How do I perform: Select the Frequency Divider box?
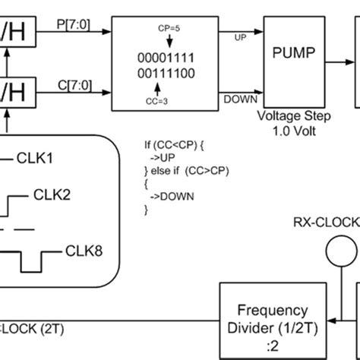[x=272, y=318]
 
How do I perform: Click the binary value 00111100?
[x=159, y=73]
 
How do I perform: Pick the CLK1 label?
[x=36, y=159]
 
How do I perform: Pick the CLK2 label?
[x=52, y=195]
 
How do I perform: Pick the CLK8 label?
[x=84, y=248]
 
